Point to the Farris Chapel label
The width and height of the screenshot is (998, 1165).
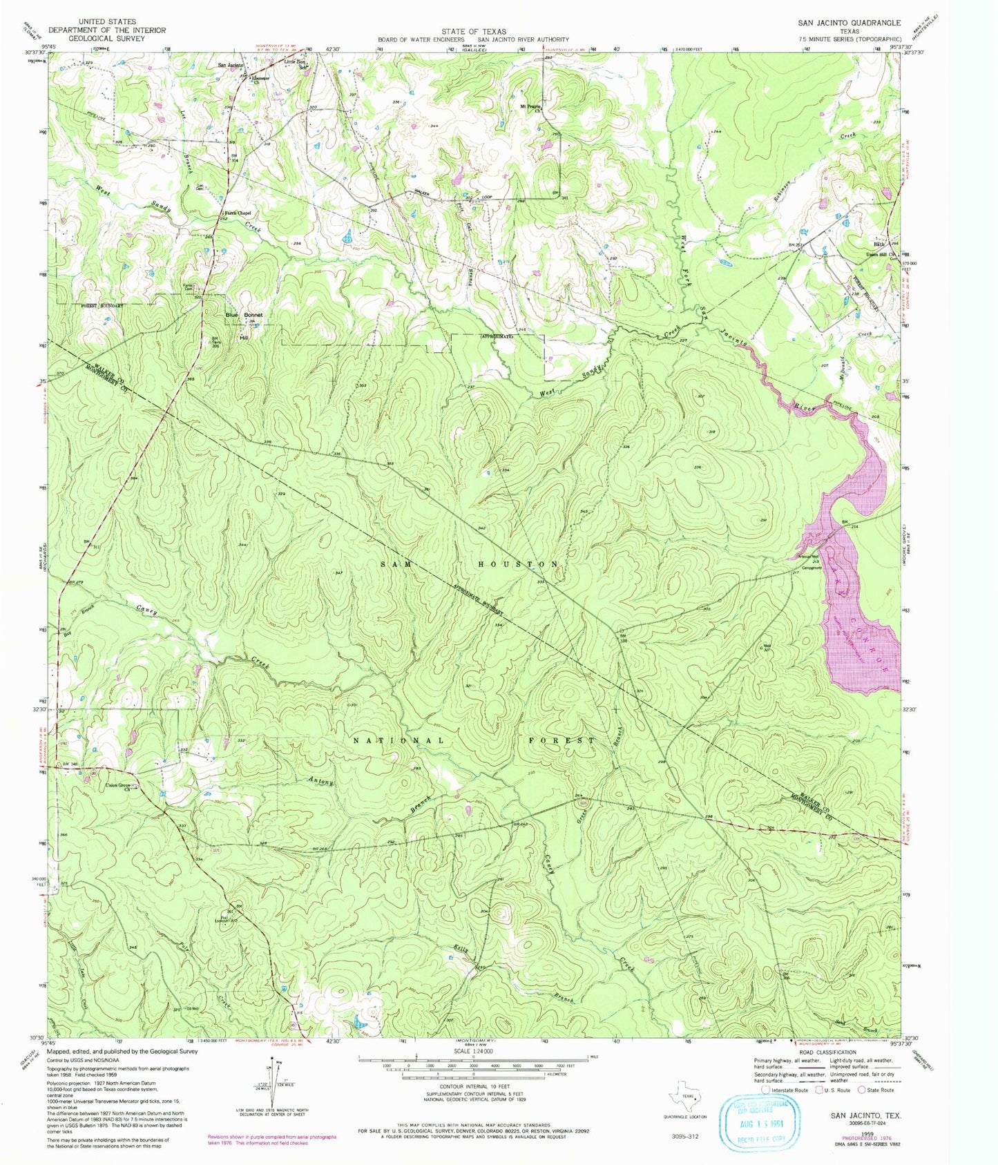coord(234,213)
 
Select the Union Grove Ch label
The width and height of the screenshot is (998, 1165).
coord(117,787)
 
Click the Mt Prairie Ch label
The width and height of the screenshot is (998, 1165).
coord(528,108)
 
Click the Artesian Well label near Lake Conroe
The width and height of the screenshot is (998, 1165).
coord(809,556)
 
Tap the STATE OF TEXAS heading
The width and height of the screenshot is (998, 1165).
coord(474,32)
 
